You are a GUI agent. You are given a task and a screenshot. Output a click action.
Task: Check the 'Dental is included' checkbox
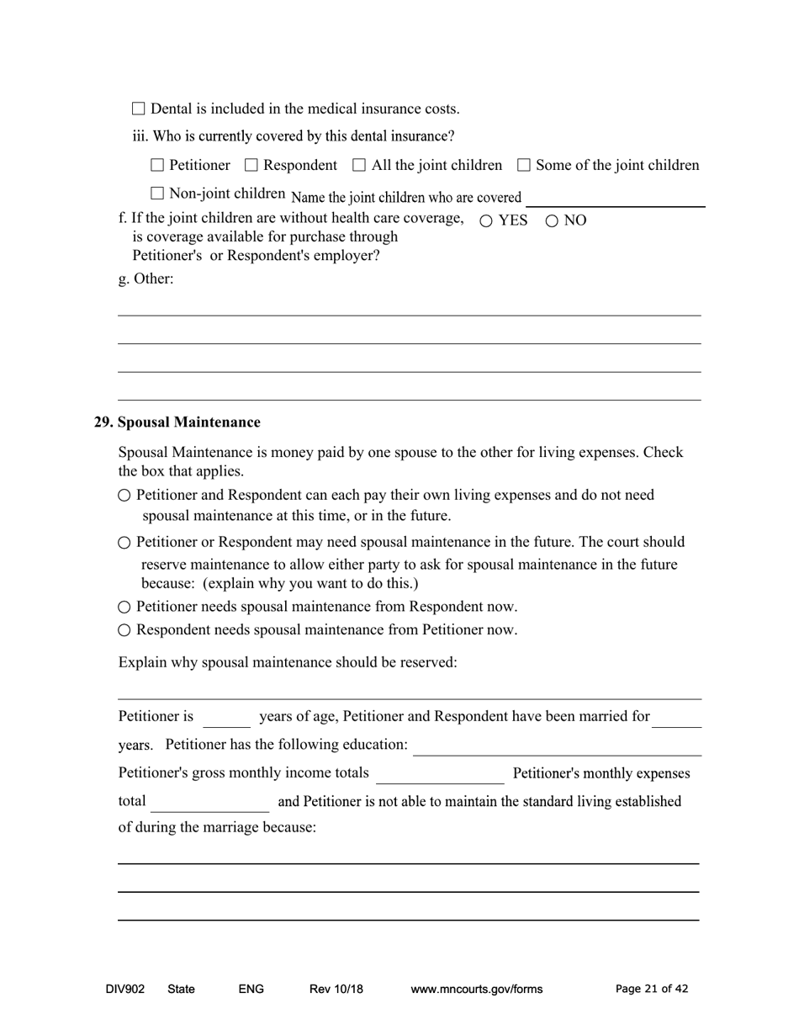point(139,109)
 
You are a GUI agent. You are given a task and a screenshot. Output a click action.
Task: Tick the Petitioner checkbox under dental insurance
point(157,166)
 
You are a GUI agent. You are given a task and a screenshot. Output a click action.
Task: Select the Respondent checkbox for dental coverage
point(251,166)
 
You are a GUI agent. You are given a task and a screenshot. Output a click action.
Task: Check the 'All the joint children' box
point(359,166)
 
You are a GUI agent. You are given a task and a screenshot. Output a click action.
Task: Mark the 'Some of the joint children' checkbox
point(523,166)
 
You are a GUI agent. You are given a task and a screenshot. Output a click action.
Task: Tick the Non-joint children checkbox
point(157,194)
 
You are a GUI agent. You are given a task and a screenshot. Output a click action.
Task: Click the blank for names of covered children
point(615,198)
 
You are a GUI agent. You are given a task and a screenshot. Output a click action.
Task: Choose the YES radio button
point(486,221)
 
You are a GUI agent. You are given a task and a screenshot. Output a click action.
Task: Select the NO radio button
point(552,221)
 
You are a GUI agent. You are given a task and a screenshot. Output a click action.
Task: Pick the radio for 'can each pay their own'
point(124,496)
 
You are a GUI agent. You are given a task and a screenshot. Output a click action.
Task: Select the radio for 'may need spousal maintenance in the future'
point(124,543)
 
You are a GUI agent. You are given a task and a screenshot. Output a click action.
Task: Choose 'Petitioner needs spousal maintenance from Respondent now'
point(124,608)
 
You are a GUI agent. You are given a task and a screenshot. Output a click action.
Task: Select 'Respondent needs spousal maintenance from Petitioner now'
point(124,630)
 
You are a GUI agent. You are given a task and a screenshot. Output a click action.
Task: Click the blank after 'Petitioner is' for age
point(226,718)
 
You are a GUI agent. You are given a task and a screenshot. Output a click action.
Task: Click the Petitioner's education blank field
point(557,746)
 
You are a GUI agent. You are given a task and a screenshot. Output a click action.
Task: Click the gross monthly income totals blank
point(440,774)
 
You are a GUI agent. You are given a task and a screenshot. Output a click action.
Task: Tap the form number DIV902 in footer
point(124,990)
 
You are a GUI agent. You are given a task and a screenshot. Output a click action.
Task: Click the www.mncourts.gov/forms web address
point(476,990)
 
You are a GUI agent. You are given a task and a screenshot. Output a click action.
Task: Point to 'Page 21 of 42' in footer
point(652,990)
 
